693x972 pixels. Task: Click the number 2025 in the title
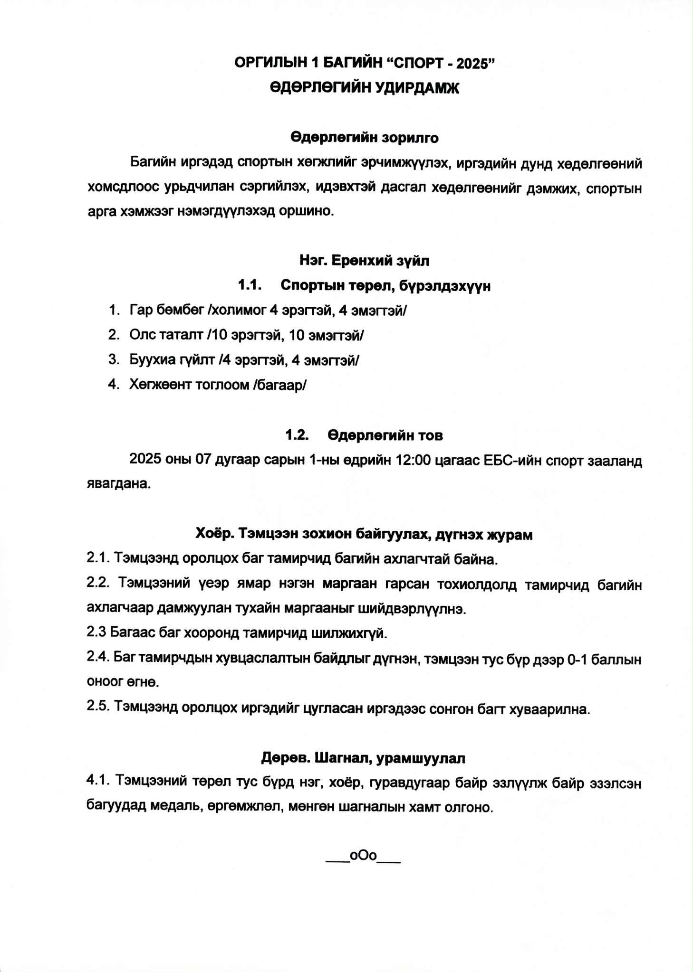point(472,64)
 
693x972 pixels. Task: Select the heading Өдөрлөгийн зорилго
point(365,138)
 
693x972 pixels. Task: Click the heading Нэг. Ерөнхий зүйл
point(365,261)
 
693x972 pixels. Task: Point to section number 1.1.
point(250,285)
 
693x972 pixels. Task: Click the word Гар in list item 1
point(141,311)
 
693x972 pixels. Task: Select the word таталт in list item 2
point(183,335)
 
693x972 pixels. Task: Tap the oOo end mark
point(363,856)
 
